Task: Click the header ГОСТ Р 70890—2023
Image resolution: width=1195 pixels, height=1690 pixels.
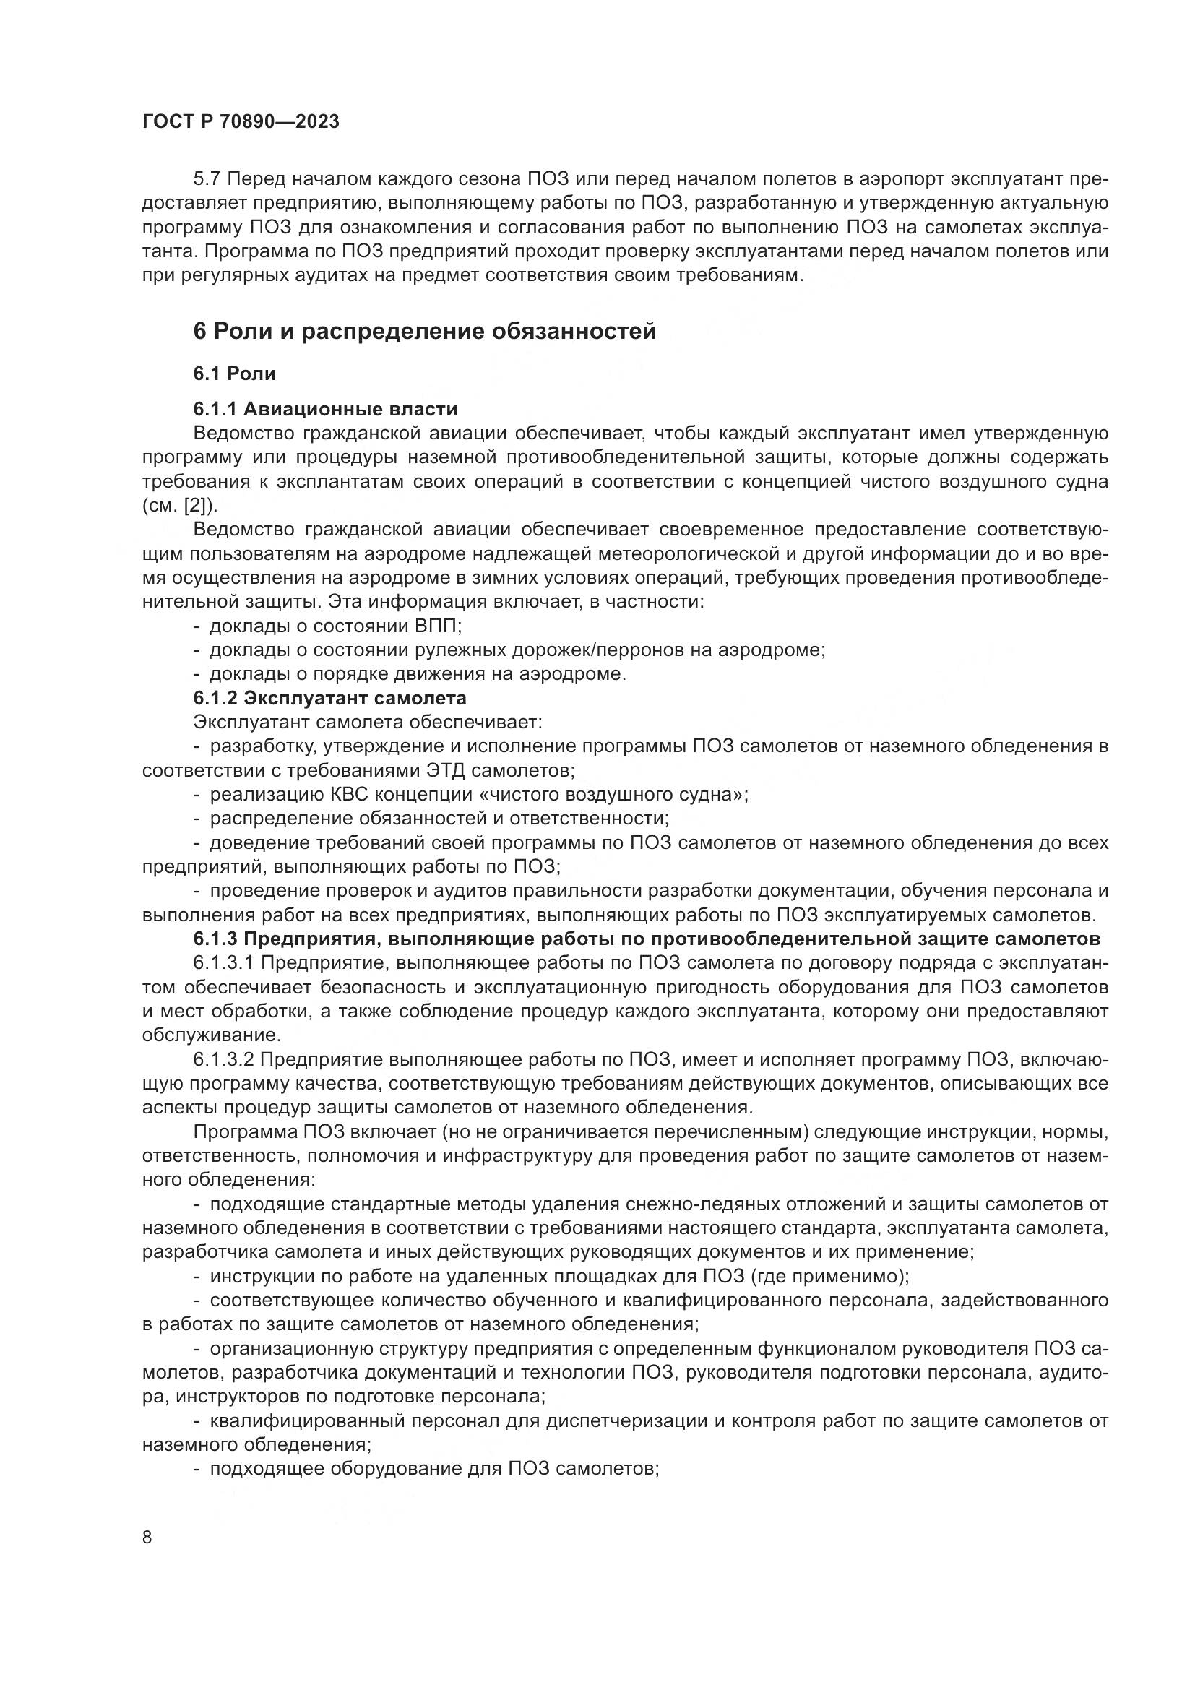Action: click(x=241, y=122)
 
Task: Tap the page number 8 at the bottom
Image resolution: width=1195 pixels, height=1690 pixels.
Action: click(x=147, y=1537)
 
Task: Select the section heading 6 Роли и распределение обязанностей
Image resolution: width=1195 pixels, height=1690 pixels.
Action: click(x=425, y=332)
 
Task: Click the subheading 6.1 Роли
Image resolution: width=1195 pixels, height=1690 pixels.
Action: click(x=234, y=374)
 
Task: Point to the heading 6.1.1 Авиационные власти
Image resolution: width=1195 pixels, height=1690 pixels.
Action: click(x=325, y=409)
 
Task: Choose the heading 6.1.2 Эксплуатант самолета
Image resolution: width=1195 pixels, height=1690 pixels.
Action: click(x=329, y=697)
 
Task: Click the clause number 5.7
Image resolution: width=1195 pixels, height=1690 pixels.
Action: click(x=209, y=180)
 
